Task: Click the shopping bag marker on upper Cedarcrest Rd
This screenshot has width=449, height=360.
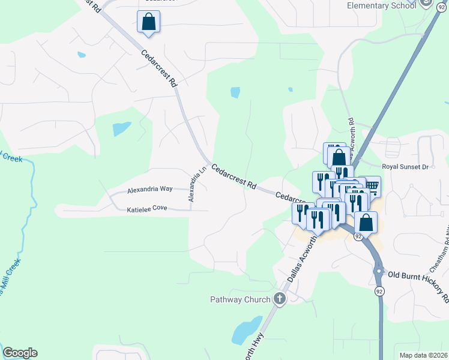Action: pos(148,22)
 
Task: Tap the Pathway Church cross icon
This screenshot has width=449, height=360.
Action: pos(279,299)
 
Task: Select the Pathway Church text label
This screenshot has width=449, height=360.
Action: pos(240,299)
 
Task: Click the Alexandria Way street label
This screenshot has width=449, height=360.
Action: pos(149,189)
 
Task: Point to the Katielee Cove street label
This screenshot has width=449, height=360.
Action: pos(146,209)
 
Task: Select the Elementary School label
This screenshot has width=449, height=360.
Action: pos(381,5)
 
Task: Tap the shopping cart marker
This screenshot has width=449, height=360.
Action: pos(372,187)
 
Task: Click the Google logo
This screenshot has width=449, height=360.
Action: pos(20,353)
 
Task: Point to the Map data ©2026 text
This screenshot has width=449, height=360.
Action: pos(423,355)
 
